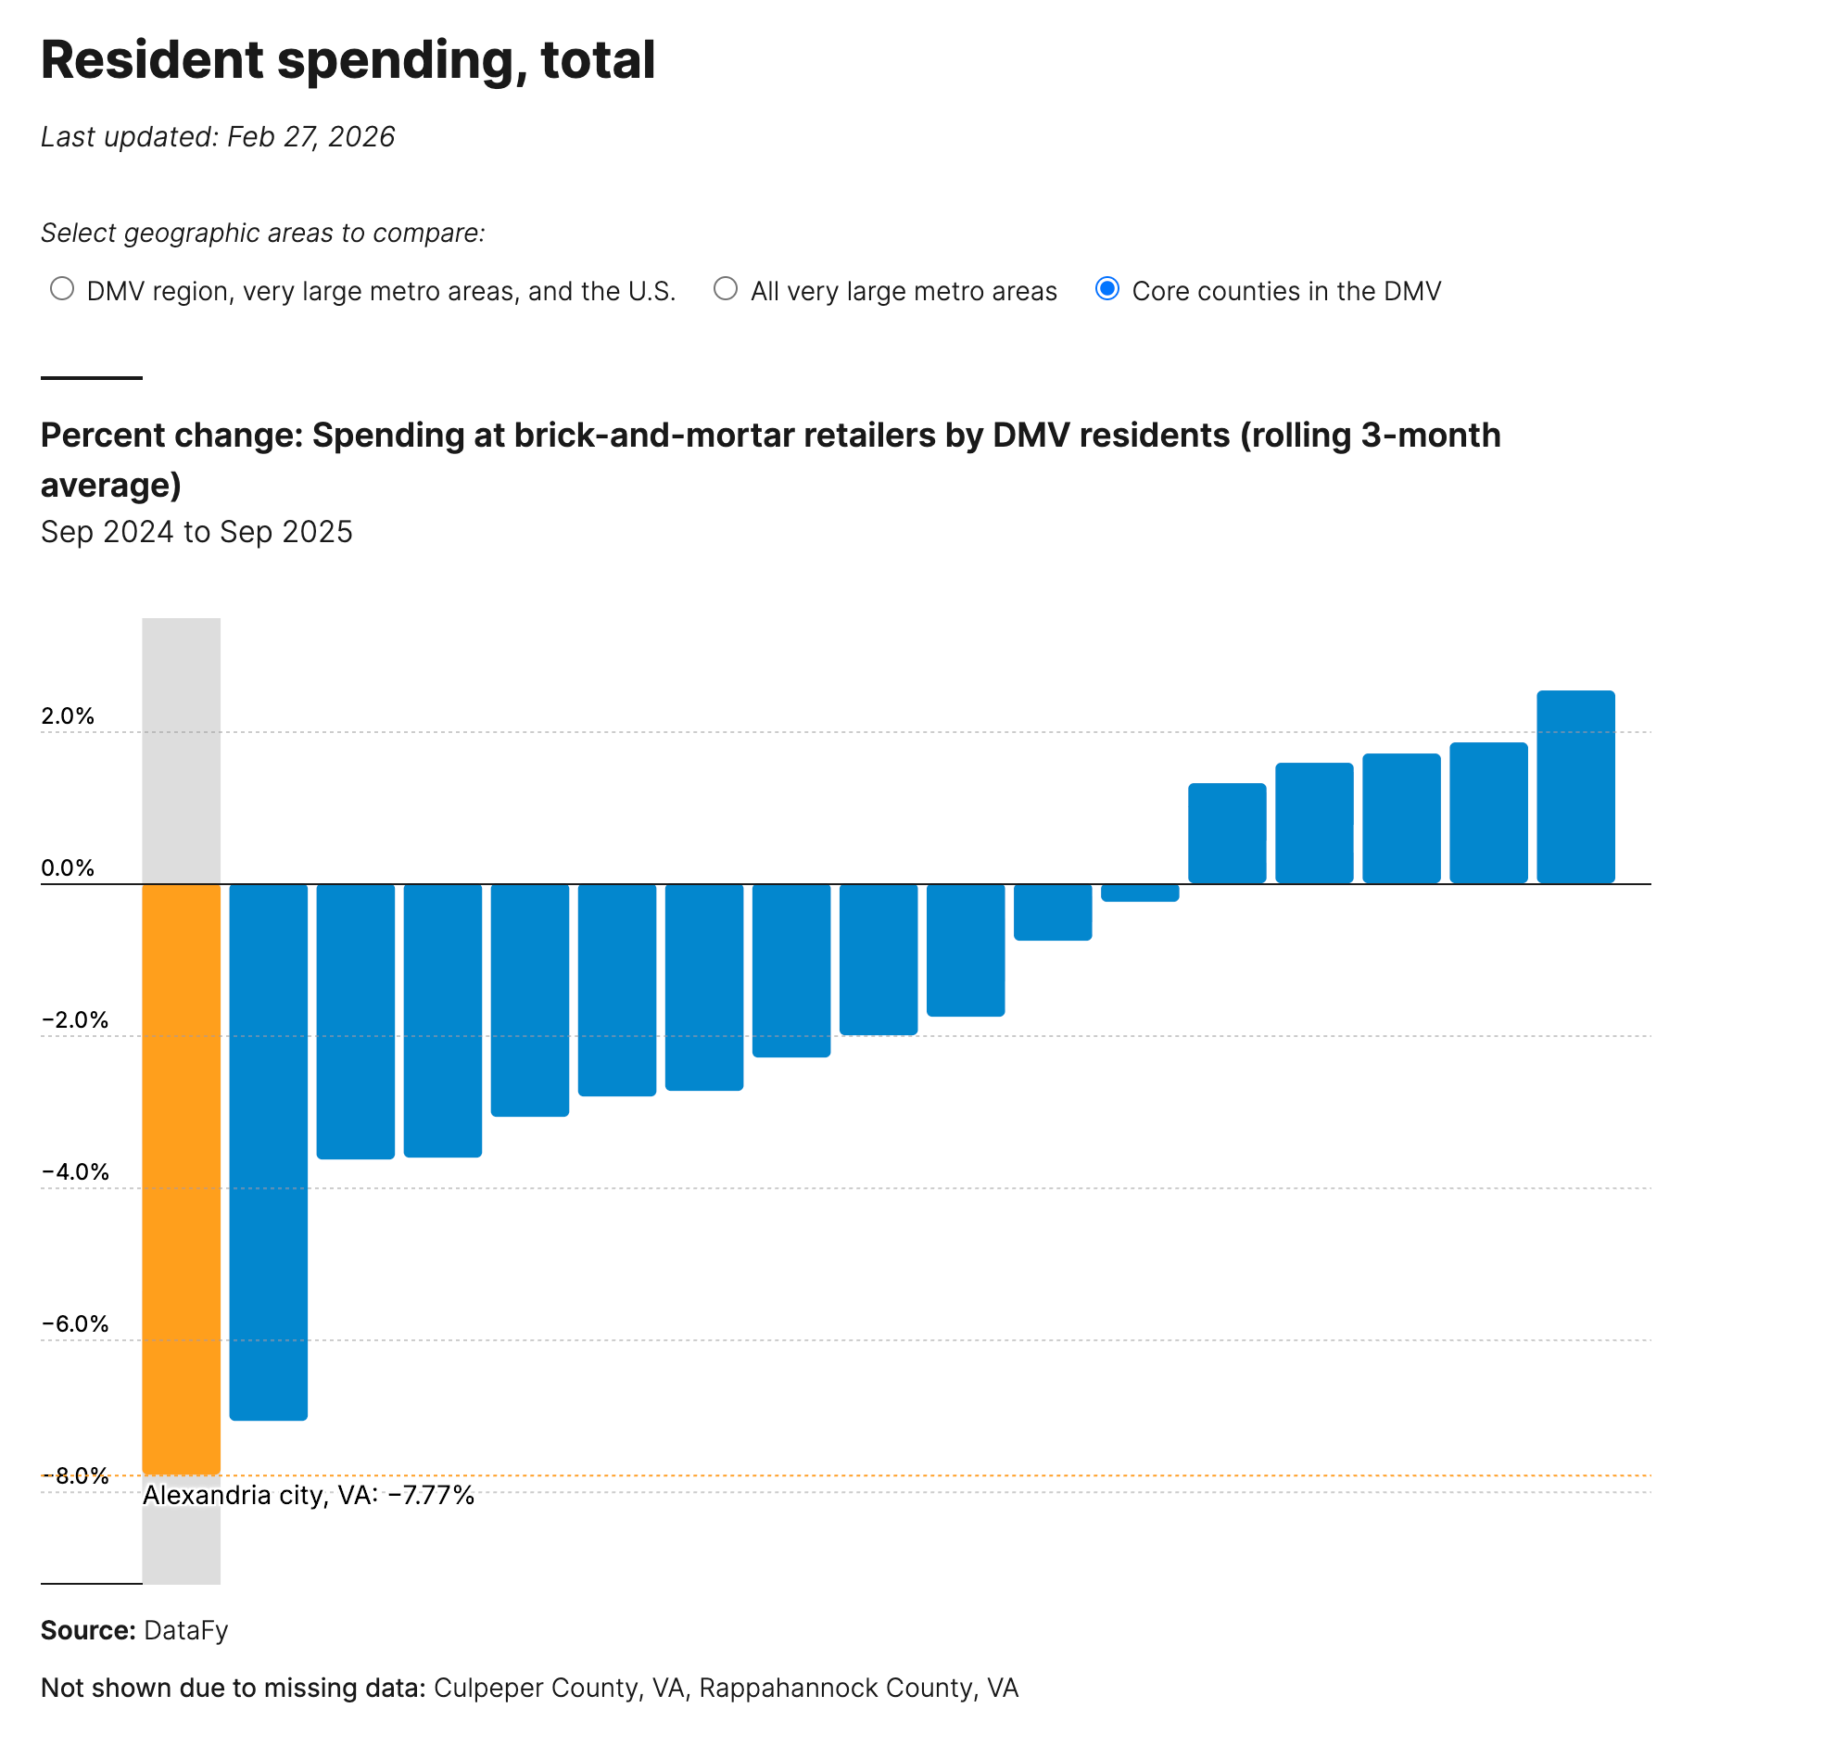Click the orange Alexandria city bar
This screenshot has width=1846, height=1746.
click(181, 1177)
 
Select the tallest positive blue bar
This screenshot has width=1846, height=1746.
click(1574, 787)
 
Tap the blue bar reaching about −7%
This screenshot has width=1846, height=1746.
click(268, 1151)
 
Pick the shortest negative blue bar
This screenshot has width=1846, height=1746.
click(1139, 892)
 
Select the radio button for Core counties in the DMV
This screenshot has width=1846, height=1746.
click(1106, 289)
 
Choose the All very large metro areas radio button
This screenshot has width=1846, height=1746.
click(725, 289)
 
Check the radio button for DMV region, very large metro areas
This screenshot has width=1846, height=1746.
click(62, 289)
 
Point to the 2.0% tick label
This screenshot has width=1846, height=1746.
click(68, 715)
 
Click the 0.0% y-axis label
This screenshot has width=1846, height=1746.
click(68, 867)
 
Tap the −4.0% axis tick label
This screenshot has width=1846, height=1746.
click(75, 1170)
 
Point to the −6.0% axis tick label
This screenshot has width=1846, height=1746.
click(75, 1322)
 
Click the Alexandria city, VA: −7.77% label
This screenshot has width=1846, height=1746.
click(308, 1495)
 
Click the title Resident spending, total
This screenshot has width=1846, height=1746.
click(348, 59)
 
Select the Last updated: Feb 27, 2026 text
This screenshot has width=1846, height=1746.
click(218, 137)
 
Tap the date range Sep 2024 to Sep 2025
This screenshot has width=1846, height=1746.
click(196, 531)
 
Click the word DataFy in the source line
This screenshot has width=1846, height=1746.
click(186, 1629)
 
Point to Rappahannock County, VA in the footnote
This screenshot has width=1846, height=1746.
click(858, 1688)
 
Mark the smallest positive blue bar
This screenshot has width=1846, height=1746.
click(1226, 833)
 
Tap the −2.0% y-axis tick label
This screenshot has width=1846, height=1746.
click(75, 1019)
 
